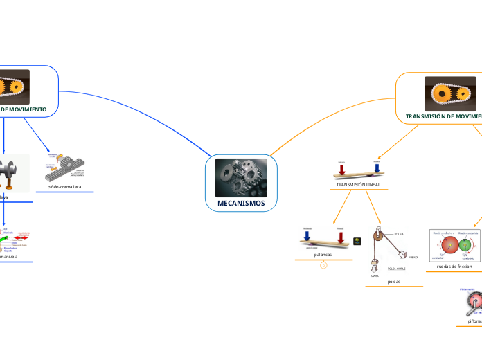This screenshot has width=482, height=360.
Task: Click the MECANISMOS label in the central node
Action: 241,203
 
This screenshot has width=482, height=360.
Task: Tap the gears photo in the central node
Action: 241,177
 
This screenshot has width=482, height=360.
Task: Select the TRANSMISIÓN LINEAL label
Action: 358,185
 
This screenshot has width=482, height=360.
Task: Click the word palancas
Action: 323,255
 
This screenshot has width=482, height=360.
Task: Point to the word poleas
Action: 394,282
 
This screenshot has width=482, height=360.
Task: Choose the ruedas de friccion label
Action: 454,266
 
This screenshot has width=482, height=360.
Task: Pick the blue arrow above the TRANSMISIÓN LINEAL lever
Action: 376,168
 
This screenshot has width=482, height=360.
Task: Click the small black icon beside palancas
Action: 357,241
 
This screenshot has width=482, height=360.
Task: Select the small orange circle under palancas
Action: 323,265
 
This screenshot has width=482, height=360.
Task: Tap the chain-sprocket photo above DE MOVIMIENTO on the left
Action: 24,86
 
